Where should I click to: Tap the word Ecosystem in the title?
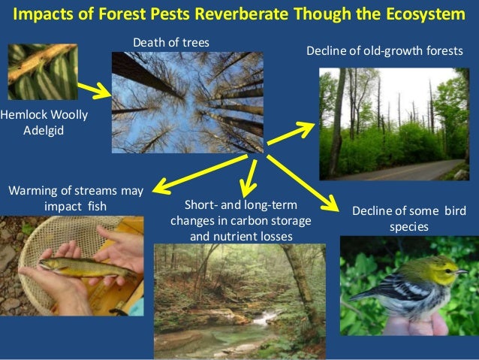(417, 15)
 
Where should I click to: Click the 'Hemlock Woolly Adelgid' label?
(34, 121)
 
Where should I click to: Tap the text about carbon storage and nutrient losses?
(240, 221)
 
